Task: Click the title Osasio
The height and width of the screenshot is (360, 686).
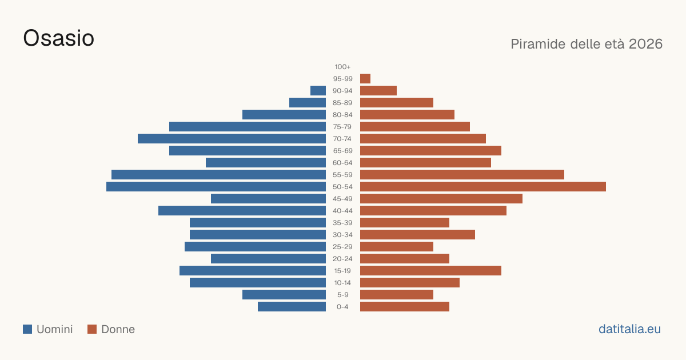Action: pyautogui.click(x=58, y=38)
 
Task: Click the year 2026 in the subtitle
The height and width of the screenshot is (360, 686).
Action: pyautogui.click(x=645, y=44)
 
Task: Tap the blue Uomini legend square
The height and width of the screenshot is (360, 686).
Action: pyautogui.click(x=27, y=329)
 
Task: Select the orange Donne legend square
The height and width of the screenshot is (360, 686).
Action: pyautogui.click(x=92, y=329)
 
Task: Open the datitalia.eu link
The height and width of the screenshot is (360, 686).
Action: pyautogui.click(x=629, y=329)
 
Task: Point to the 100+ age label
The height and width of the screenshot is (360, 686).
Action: pyautogui.click(x=342, y=67)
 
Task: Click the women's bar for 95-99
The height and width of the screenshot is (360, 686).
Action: pyautogui.click(x=365, y=79)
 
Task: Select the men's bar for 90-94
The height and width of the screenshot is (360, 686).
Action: pyautogui.click(x=318, y=91)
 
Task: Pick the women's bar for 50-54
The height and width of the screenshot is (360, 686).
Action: pyautogui.click(x=483, y=187)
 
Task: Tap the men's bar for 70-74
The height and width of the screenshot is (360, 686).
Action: pyautogui.click(x=232, y=139)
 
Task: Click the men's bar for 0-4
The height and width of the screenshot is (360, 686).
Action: pyautogui.click(x=292, y=307)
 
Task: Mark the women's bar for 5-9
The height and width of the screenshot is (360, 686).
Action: pyautogui.click(x=397, y=295)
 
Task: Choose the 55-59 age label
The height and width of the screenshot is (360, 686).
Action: pyautogui.click(x=342, y=175)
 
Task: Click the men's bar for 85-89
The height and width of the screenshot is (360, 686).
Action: pyautogui.click(x=308, y=102)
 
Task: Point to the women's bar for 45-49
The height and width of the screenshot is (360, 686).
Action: pyautogui.click(x=441, y=199)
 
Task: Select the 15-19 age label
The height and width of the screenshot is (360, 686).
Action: pyautogui.click(x=342, y=271)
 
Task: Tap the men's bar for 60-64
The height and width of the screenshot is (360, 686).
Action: pyautogui.click(x=266, y=162)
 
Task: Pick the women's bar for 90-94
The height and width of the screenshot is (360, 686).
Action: pyautogui.click(x=378, y=91)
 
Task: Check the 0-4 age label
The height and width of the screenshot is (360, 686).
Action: pyautogui.click(x=342, y=307)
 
